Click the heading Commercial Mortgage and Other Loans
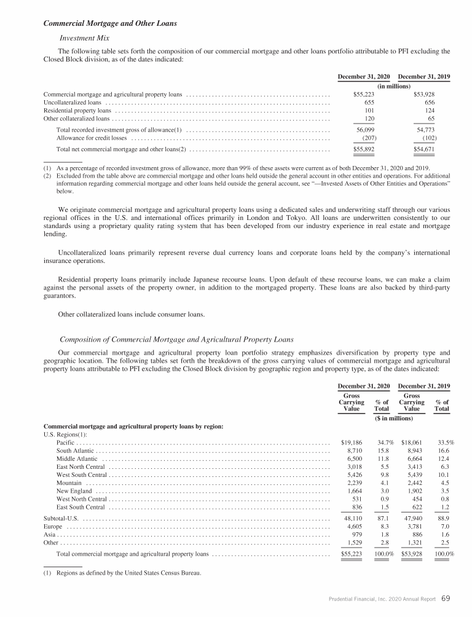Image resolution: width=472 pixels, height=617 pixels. tap(110, 23)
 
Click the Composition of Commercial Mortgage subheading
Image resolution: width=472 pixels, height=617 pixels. tap(176, 339)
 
